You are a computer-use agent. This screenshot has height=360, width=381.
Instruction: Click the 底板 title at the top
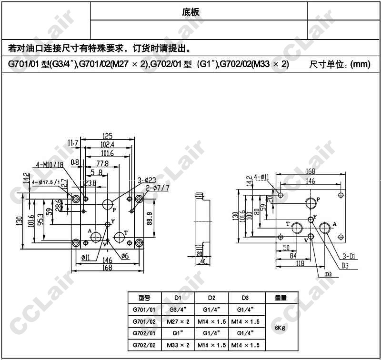pos(190,12)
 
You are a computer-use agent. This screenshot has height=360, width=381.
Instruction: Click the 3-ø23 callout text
pos(147,180)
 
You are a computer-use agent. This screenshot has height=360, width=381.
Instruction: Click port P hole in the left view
pos(107,205)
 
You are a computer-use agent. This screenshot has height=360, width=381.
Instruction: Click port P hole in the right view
pos(310,203)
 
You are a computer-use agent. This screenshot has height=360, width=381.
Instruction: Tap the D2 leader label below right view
pos(328,275)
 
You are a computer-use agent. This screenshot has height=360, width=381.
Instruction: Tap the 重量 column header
pos(280,298)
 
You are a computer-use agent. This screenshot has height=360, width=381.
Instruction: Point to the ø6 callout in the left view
pos(125,257)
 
